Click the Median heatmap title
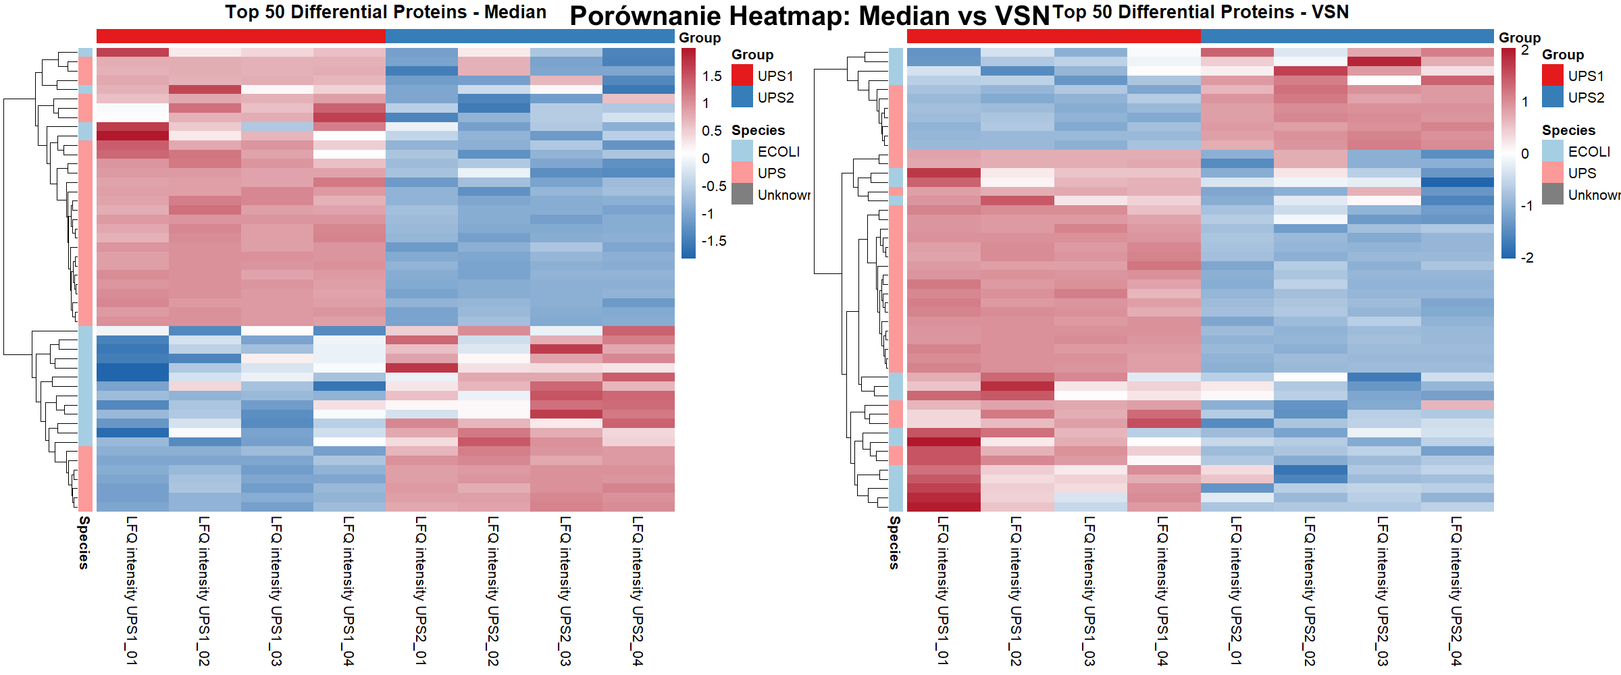(386, 12)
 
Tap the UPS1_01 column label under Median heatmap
(132, 590)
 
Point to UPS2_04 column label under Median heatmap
(638, 590)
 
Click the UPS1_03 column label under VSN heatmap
(1089, 590)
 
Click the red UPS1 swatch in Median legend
(742, 76)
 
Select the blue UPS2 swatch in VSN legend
(1553, 97)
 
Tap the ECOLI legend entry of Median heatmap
(778, 152)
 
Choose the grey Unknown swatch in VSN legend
(1553, 194)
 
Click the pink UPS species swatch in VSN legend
(1553, 173)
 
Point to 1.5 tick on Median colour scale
(712, 76)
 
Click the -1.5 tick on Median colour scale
(714, 241)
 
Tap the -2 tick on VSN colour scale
(1527, 258)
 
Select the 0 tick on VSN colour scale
(1525, 154)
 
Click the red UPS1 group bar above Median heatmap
(240, 36)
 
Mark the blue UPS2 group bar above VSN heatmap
(1347, 36)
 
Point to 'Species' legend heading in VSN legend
(1568, 130)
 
